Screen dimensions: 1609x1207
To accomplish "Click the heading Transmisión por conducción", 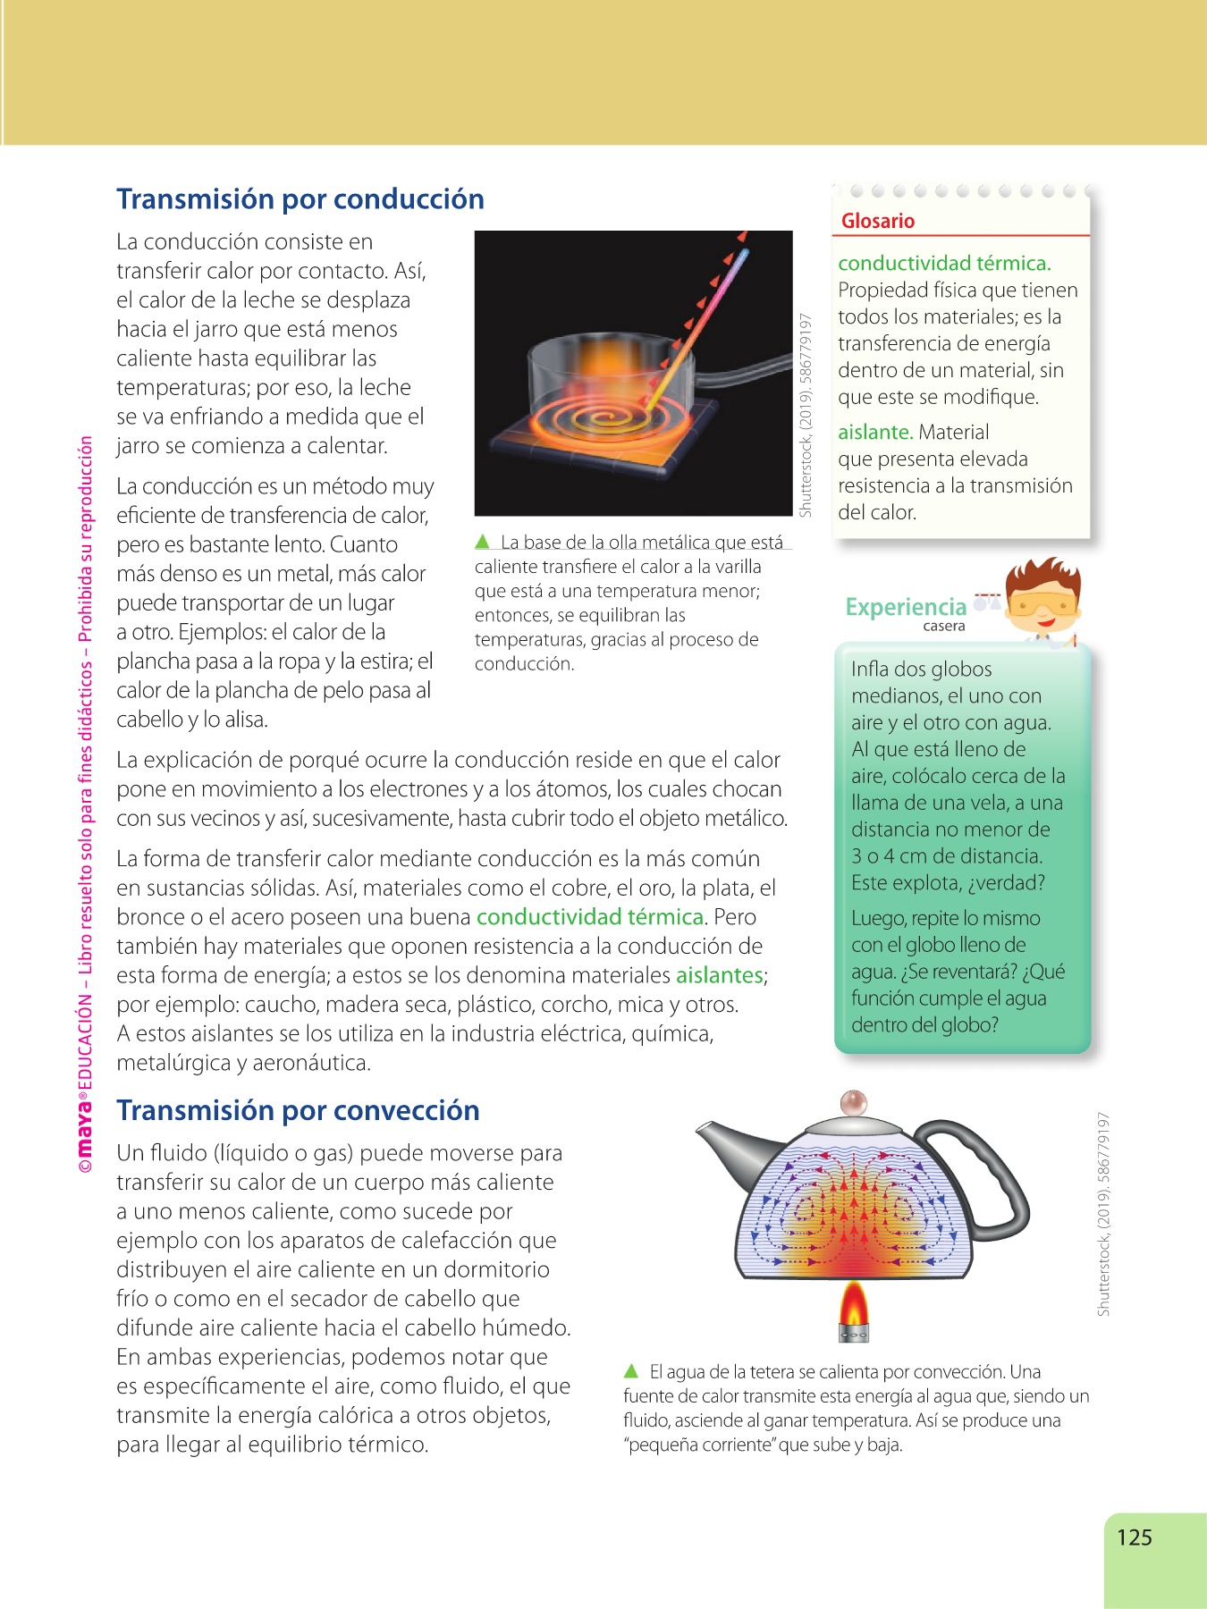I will [300, 199].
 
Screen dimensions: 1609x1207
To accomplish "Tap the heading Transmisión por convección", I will [298, 1110].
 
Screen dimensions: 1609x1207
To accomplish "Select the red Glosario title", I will [877, 221].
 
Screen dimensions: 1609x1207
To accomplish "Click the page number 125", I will [1134, 1537].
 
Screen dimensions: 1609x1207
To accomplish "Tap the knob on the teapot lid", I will [854, 1102].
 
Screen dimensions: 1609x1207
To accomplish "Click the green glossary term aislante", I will [874, 433].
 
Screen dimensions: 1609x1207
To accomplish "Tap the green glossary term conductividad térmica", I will [944, 264].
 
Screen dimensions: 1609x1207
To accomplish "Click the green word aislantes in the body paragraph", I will [720, 975].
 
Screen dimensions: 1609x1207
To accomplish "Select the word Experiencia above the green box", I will [906, 607].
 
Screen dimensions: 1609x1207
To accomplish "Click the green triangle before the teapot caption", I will [631, 1370].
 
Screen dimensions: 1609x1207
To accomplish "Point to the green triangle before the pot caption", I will [483, 542].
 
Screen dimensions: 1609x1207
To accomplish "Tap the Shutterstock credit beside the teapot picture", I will [1104, 1213].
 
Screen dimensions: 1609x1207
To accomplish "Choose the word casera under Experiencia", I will [943, 627].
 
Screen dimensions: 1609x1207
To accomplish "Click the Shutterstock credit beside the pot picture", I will [806, 415].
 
